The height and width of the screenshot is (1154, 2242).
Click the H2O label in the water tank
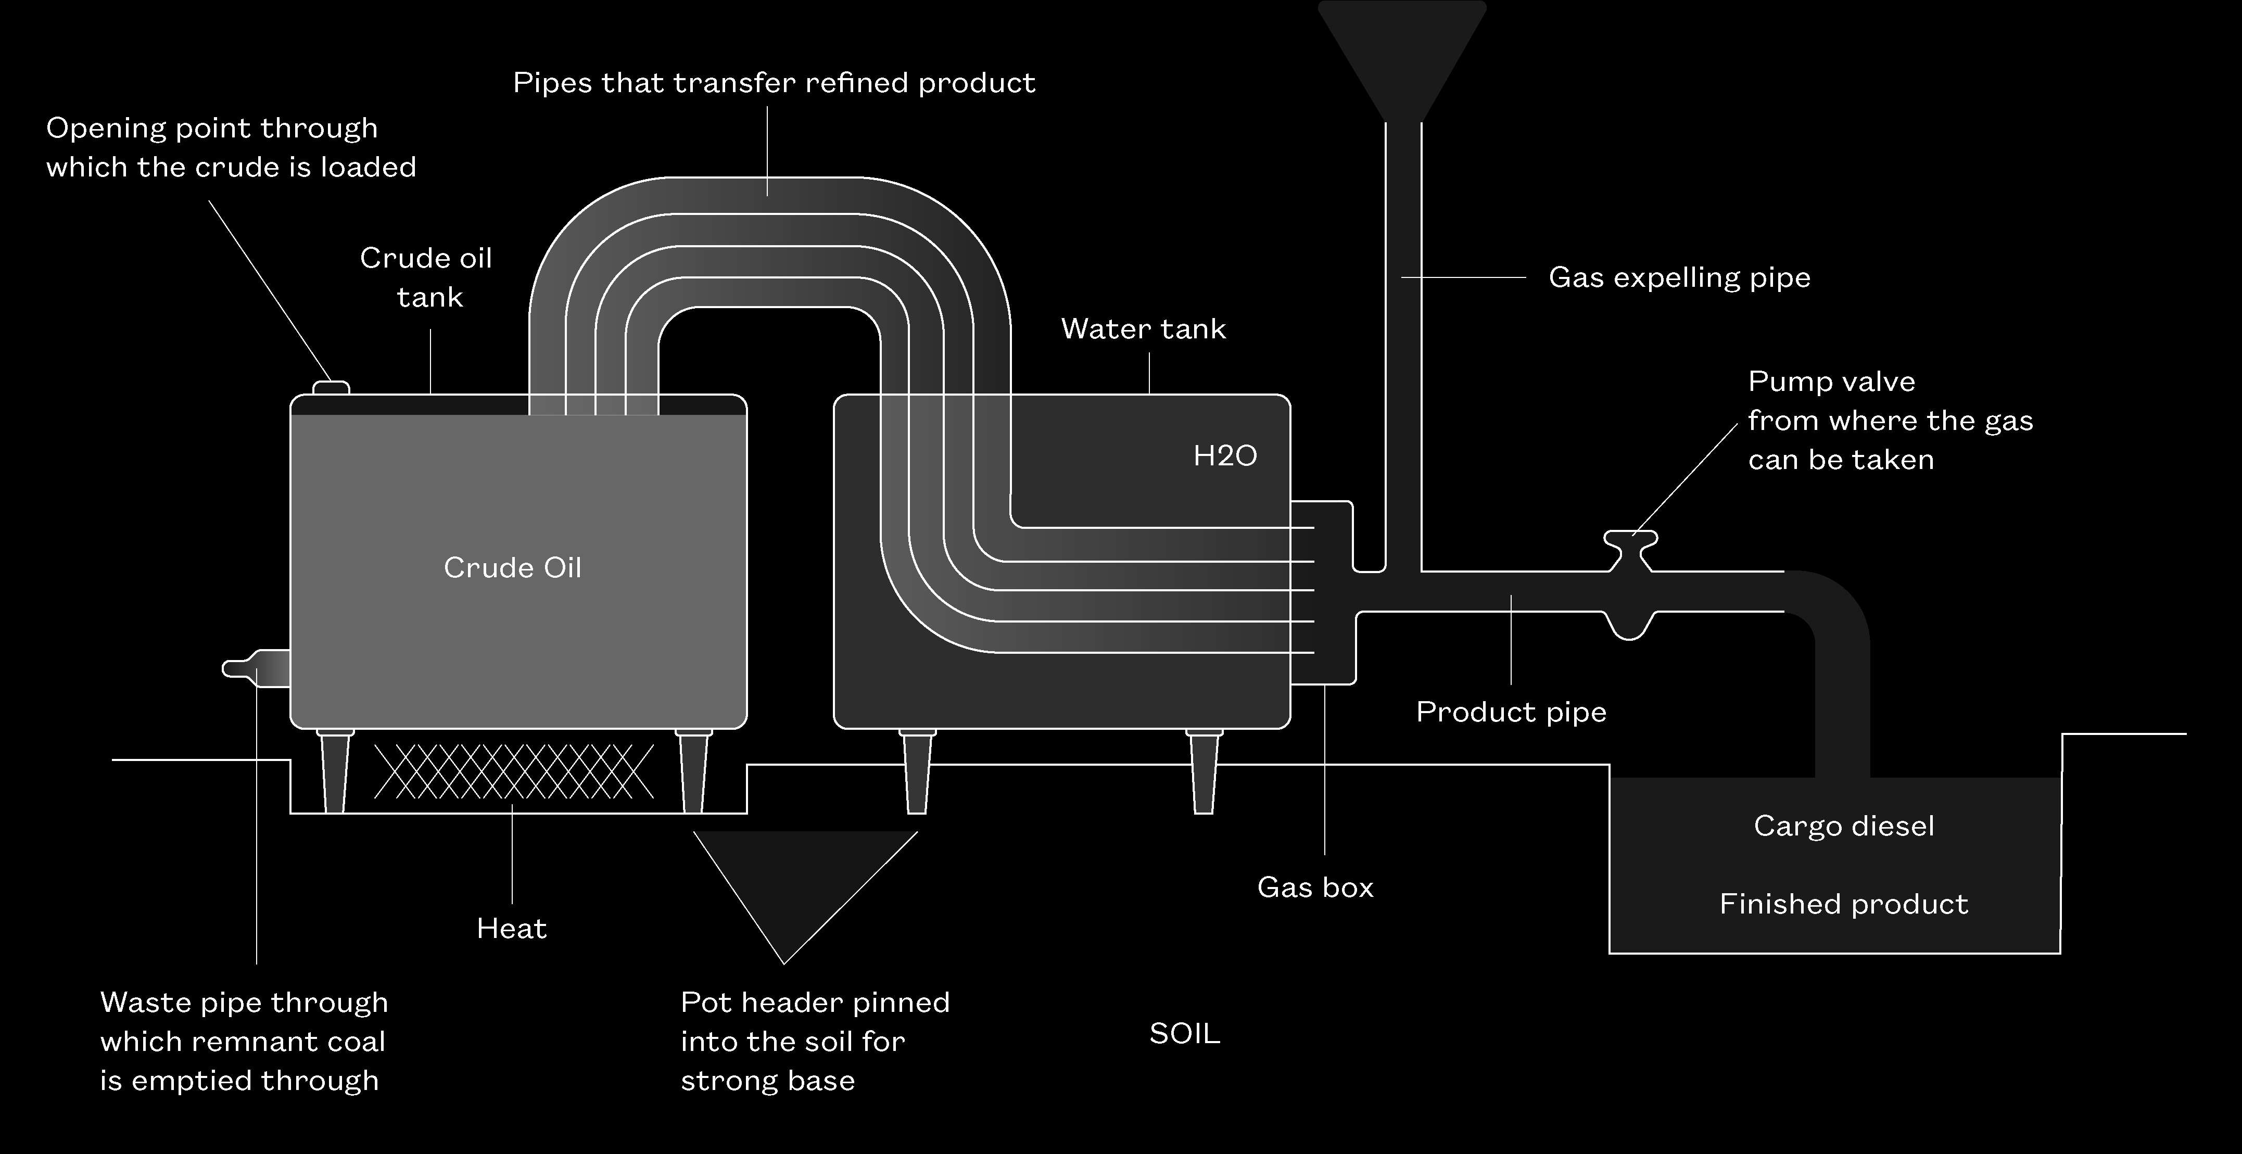coord(1224,456)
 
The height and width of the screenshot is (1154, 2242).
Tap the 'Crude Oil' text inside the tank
coord(513,567)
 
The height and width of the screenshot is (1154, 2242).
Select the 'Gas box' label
coord(1315,887)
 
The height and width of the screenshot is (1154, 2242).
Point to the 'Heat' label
coord(512,929)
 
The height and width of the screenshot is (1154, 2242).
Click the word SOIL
coord(1185,1033)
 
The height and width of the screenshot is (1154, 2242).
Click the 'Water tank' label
coord(1143,329)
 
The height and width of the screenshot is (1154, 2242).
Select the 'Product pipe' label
coord(1511,712)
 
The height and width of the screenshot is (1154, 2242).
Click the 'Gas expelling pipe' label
coord(1679,277)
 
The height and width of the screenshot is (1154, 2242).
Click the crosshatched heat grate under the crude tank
coord(513,771)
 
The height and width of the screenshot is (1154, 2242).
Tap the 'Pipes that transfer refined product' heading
coord(774,83)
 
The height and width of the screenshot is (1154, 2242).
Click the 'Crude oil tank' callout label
coord(426,277)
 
